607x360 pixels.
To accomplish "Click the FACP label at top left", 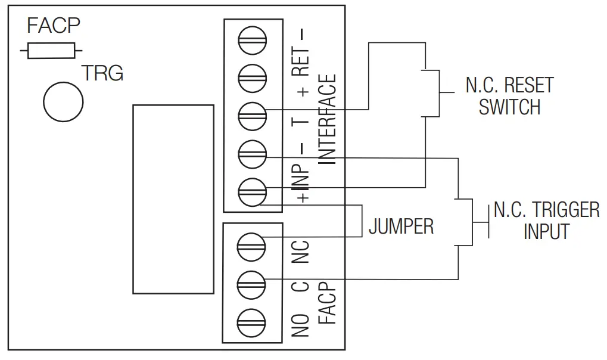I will pos(54,26).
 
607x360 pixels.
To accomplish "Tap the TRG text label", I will pos(102,73).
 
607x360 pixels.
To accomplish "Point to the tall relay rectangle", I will pos(173,199).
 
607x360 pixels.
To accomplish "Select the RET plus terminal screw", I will pos(252,76).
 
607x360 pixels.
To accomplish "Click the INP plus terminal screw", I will pos(252,191).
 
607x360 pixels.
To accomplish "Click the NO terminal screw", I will pos(252,322).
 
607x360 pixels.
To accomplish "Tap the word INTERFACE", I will pos(327,119).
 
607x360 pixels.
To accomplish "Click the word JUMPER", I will pos(401,226).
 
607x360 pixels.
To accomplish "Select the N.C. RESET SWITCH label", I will pos(509,96).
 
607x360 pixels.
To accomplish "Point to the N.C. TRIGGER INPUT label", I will pos(546,221).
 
